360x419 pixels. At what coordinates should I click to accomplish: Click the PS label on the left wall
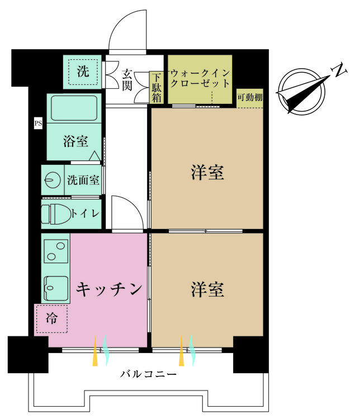38,123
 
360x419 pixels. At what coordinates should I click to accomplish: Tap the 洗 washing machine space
83,72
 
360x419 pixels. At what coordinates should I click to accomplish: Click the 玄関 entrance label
127,80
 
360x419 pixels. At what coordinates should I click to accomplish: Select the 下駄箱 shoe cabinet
157,87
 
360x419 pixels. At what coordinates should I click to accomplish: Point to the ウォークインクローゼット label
200,78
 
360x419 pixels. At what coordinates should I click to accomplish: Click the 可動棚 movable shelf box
250,98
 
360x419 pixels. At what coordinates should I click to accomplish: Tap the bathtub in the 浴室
74,108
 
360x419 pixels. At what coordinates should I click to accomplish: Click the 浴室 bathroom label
75,141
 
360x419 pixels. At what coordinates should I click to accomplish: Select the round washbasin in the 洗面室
53,180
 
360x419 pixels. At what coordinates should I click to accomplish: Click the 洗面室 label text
83,180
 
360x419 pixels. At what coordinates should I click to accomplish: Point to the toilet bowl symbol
56,214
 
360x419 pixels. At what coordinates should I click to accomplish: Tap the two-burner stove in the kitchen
56,251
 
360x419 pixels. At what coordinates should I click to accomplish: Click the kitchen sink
56,288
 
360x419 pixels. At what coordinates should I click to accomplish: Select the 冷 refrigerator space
51,318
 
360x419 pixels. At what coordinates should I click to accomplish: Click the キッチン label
109,289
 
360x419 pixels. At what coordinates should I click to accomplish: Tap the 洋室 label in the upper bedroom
207,173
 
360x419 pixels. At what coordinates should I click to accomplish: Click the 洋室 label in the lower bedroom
207,289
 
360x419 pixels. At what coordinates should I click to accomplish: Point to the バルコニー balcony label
148,374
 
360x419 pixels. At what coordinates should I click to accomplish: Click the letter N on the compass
339,70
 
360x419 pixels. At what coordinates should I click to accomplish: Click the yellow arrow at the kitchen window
95,351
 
